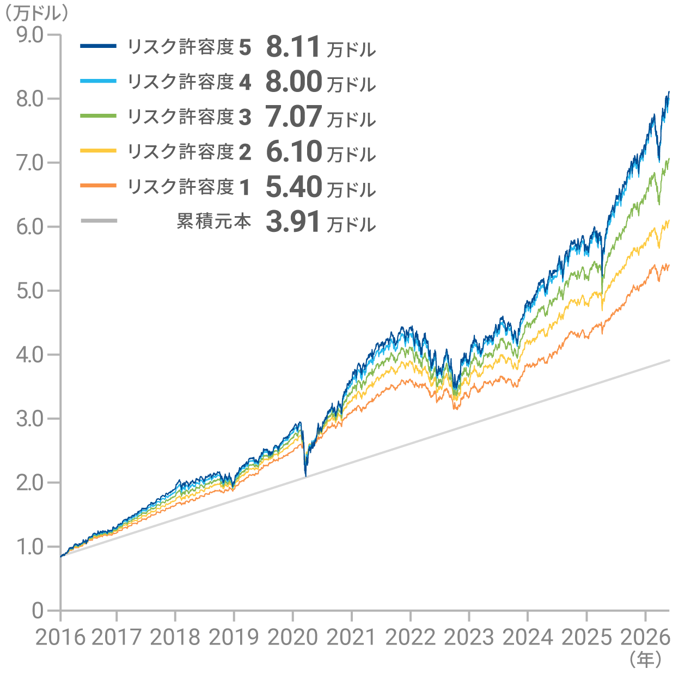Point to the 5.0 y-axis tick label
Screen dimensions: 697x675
(x=30, y=291)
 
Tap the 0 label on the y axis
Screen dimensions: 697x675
(x=38, y=611)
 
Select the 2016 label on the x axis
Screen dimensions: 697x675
(x=60, y=637)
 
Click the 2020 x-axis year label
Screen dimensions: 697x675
(x=292, y=637)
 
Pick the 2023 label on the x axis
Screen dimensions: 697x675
(x=469, y=637)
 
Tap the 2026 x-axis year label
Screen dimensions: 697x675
(x=645, y=637)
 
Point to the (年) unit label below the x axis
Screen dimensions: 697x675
(x=645, y=659)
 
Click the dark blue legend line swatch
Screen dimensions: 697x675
(x=98, y=46)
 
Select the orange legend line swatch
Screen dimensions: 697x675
(x=98, y=186)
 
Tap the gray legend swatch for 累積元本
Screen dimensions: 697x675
(x=99, y=220)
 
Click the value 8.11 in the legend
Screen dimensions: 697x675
(x=292, y=47)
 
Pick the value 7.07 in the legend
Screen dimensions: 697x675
(x=294, y=116)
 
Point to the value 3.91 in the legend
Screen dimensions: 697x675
(x=292, y=222)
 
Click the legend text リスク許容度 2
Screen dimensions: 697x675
(x=189, y=152)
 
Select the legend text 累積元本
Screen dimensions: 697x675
(x=214, y=222)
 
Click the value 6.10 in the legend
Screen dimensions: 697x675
(x=294, y=151)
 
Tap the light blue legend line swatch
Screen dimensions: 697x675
(x=98, y=81)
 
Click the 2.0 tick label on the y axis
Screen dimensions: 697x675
(x=30, y=483)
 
